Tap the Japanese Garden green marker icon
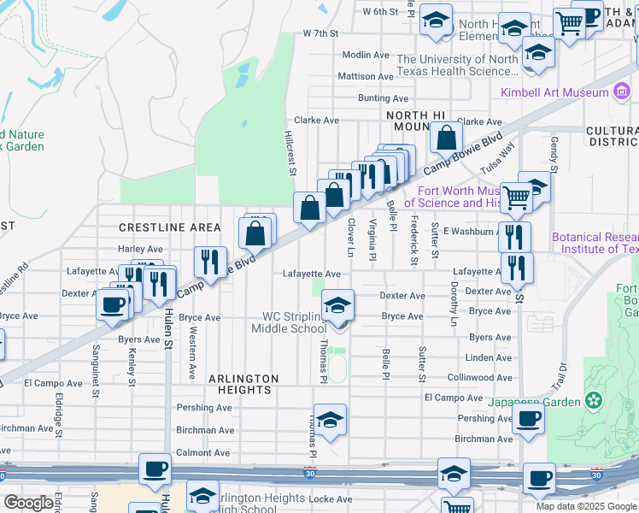pos(595,401)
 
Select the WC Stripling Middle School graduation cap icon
pos(337,305)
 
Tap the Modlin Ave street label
pos(366,55)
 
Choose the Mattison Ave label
pos(366,76)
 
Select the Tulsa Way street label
pos(504,157)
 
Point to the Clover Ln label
pos(351,237)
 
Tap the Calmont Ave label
pos(203,452)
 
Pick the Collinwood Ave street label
pos(480,377)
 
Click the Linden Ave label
pos(490,357)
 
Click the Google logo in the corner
pos(28,504)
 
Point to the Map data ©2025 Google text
pos(585,506)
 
